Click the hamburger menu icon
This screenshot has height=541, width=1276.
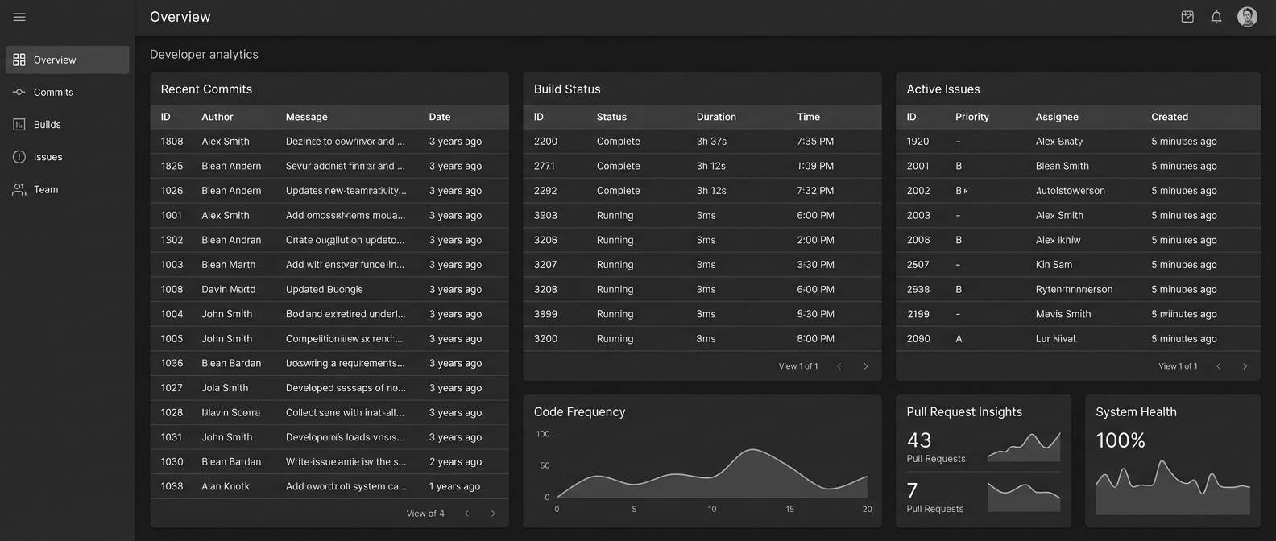click(19, 17)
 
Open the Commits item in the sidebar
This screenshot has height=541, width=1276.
click(53, 93)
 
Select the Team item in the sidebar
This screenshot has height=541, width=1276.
click(46, 190)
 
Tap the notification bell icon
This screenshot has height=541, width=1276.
click(1216, 17)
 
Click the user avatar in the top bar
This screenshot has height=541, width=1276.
click(1247, 17)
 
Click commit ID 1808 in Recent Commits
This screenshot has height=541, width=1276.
click(172, 142)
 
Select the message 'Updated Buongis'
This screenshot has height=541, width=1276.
click(324, 290)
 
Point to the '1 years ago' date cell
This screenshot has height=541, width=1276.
click(454, 486)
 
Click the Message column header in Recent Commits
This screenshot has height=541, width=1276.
click(306, 117)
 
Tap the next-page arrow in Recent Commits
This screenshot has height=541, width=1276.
click(493, 514)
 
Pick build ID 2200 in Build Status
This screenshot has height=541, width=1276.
click(545, 142)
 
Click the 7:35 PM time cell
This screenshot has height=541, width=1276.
click(814, 142)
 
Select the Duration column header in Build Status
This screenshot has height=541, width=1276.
click(715, 117)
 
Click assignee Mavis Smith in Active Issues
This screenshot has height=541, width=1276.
click(1063, 314)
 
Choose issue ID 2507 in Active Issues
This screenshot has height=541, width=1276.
click(918, 265)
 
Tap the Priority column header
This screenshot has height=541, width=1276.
click(971, 117)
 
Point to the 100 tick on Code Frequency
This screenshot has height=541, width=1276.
click(543, 434)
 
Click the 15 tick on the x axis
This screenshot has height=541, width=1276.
click(789, 509)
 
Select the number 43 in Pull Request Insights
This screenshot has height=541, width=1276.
click(919, 440)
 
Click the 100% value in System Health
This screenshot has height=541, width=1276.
click(1120, 440)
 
